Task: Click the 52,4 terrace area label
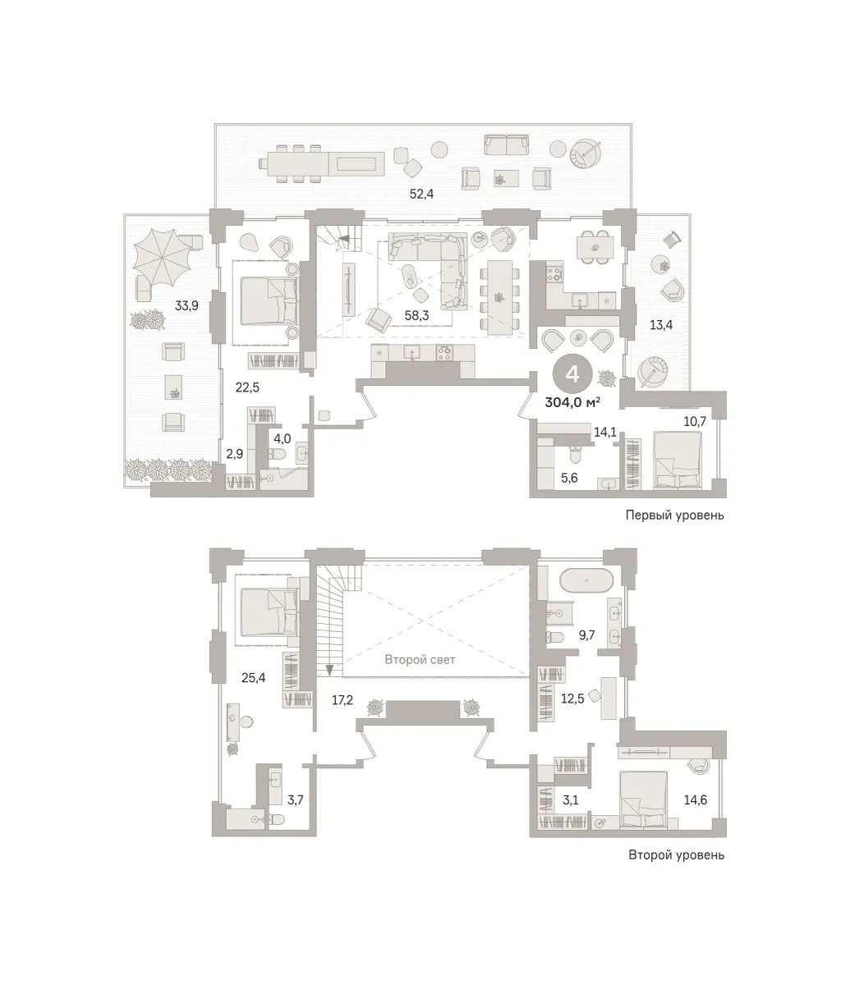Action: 421,194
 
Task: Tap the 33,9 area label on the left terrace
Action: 186,305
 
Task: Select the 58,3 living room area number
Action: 416,315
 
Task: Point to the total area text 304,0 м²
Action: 572,403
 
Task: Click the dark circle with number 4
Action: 572,375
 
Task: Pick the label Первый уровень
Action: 674,515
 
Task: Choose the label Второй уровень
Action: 676,855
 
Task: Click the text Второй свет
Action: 420,660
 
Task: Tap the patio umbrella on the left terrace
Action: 162,258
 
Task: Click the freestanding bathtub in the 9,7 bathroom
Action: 586,580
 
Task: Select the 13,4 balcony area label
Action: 661,325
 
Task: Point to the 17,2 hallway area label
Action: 342,700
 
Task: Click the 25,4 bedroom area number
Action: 254,677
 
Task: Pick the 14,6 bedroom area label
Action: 696,800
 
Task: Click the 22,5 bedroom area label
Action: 247,387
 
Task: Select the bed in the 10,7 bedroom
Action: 678,460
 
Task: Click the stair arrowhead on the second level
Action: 329,671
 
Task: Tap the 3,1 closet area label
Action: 570,800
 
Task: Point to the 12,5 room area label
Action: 572,700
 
